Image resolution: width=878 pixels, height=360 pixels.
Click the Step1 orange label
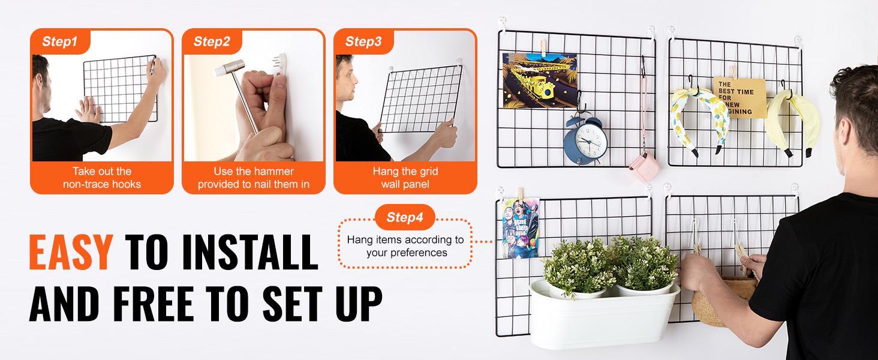coord(60,42)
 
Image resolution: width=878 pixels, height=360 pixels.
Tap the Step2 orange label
coord(212,42)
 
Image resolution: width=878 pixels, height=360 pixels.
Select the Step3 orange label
coord(363,42)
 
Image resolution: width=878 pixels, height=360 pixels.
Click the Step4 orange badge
coord(405,217)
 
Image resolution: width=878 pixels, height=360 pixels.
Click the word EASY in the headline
coord(70,253)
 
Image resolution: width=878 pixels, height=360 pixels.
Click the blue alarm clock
coord(585,140)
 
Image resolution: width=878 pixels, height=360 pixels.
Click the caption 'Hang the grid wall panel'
coord(405,178)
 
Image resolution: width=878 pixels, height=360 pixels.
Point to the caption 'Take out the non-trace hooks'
coord(102,178)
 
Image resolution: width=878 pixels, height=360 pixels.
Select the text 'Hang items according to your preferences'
coord(405,246)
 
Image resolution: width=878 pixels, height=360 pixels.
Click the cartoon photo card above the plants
coord(515,227)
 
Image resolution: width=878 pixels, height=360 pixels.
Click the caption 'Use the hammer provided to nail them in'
coord(254,178)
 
